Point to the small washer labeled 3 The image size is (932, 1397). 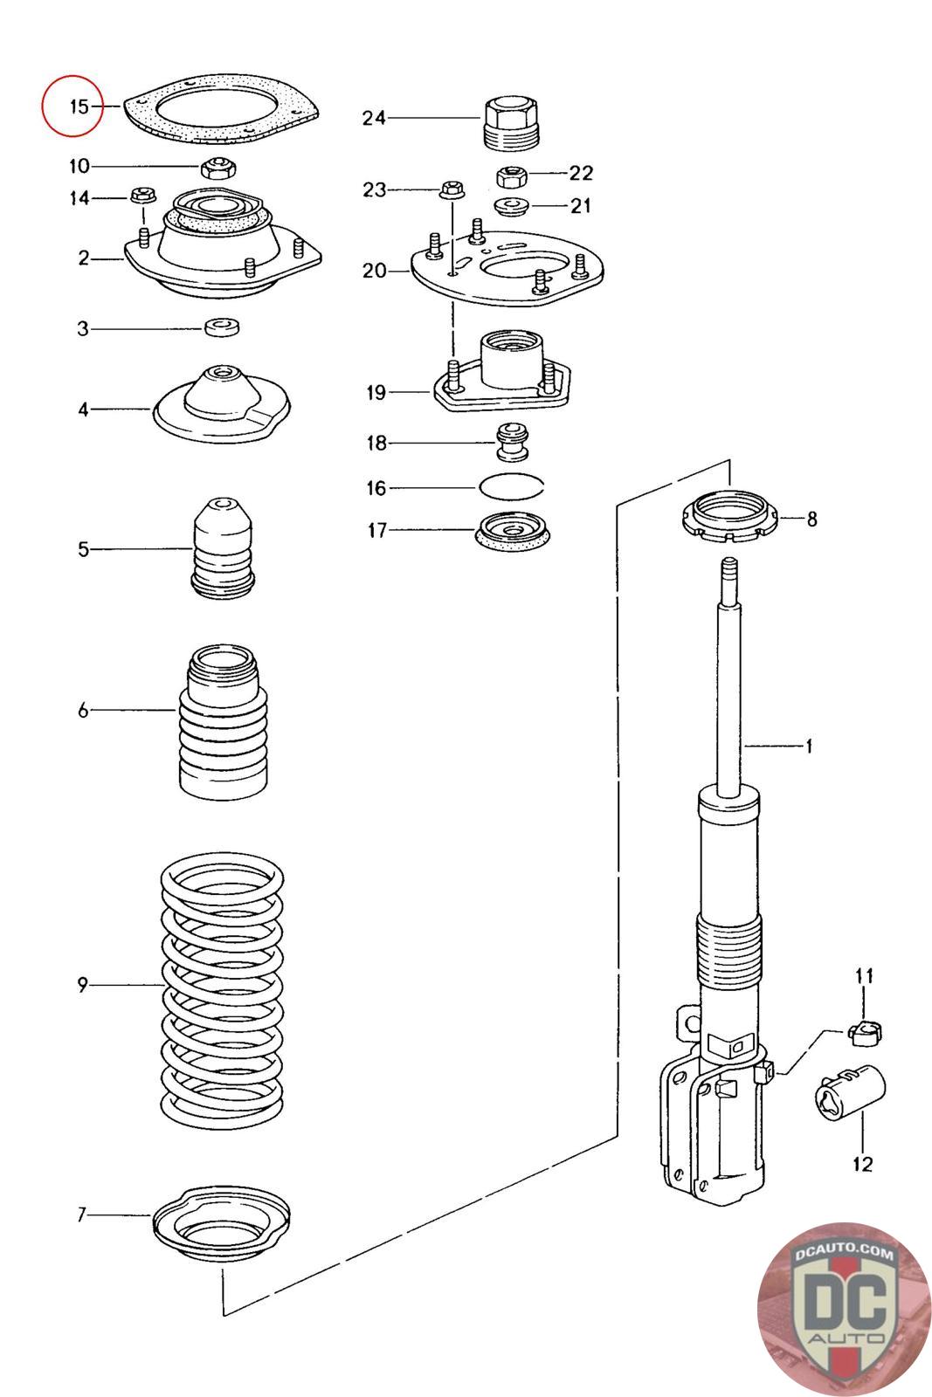(x=222, y=327)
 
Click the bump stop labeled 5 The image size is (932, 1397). (x=223, y=547)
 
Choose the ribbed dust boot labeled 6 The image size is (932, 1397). (x=224, y=720)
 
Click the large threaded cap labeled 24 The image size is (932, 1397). (x=511, y=122)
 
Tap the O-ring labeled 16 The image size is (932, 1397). (x=511, y=485)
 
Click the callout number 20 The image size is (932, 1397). (x=375, y=271)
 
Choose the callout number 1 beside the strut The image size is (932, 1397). (x=809, y=746)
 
